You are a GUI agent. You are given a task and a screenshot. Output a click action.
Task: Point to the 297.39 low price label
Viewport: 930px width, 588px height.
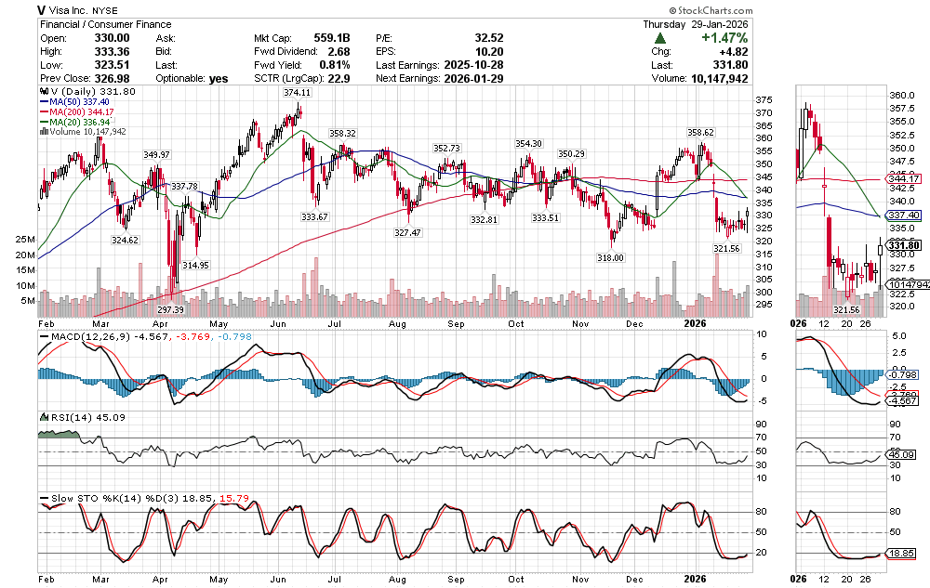(170, 309)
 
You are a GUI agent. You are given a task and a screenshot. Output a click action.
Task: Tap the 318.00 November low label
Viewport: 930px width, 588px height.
(610, 257)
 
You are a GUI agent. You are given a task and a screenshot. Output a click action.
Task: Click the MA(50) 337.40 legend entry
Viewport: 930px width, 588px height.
(73, 102)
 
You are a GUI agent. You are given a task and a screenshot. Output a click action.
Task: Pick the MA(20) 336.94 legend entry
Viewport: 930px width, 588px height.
(73, 122)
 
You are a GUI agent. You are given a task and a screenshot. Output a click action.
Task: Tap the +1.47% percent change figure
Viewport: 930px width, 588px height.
(724, 38)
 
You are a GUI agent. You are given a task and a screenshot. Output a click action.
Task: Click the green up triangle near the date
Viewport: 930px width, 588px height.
(660, 38)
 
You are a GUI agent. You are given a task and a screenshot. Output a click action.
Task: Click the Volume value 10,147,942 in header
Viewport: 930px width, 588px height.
(712, 80)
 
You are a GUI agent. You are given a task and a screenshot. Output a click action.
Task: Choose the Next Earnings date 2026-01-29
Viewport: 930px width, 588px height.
(474, 80)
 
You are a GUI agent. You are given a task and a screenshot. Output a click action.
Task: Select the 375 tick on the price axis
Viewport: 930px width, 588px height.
(764, 100)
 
